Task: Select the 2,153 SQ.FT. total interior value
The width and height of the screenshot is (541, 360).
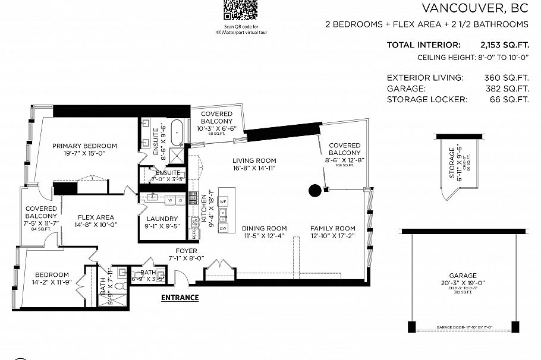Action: (x=504, y=45)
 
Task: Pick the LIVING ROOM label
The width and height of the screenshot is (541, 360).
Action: (x=254, y=160)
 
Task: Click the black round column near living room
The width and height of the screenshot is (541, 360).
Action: (x=314, y=191)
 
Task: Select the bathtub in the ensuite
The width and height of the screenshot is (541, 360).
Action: (x=177, y=132)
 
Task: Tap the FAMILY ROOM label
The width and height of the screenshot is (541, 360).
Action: (x=333, y=229)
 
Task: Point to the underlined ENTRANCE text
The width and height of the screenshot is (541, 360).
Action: (x=180, y=297)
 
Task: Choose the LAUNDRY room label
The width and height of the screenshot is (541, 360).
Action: (x=161, y=219)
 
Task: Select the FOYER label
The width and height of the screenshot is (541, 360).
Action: (x=187, y=251)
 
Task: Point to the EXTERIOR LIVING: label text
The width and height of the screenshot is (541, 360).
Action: (x=424, y=77)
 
